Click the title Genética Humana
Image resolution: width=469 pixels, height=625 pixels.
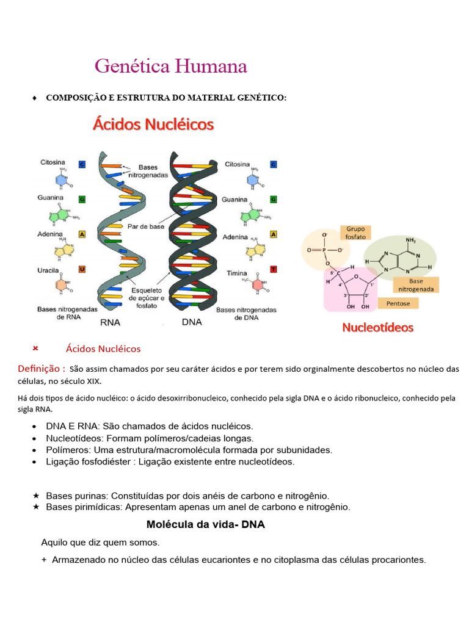tap(171, 67)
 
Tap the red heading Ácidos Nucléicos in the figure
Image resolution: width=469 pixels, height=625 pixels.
tap(153, 125)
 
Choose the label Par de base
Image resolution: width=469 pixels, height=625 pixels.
tap(146, 226)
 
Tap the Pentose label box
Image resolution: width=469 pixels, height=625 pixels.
tap(398, 303)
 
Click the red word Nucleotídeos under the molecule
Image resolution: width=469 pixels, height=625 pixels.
tap(377, 327)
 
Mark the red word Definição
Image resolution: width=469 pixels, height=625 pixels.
tap(42, 369)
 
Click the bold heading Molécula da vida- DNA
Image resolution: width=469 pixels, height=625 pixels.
tap(206, 524)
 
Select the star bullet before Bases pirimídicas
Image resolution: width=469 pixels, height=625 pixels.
tap(37, 507)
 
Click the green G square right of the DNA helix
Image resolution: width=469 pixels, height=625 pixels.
tap(274, 200)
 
